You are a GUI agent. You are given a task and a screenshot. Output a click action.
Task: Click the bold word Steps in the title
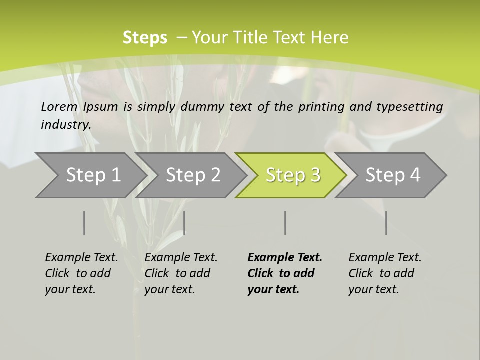pos(145,38)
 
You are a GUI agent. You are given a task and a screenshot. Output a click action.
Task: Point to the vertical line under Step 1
pos(84,223)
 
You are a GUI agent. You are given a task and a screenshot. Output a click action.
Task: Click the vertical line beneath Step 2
pos(184,223)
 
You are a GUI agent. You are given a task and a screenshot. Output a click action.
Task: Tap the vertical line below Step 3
pos(285,223)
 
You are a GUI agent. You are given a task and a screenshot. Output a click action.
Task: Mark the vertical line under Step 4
pos(386,223)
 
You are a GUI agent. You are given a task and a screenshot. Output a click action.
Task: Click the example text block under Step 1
pos(81,273)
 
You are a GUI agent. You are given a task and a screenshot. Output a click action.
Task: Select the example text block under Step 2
pos(180,273)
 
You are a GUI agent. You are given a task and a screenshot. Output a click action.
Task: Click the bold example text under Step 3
pos(284,273)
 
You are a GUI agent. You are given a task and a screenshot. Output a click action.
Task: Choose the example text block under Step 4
pos(384,273)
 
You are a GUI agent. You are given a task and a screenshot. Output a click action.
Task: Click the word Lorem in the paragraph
pos(59,107)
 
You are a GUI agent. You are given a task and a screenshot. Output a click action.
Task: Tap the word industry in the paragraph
pos(65,125)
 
